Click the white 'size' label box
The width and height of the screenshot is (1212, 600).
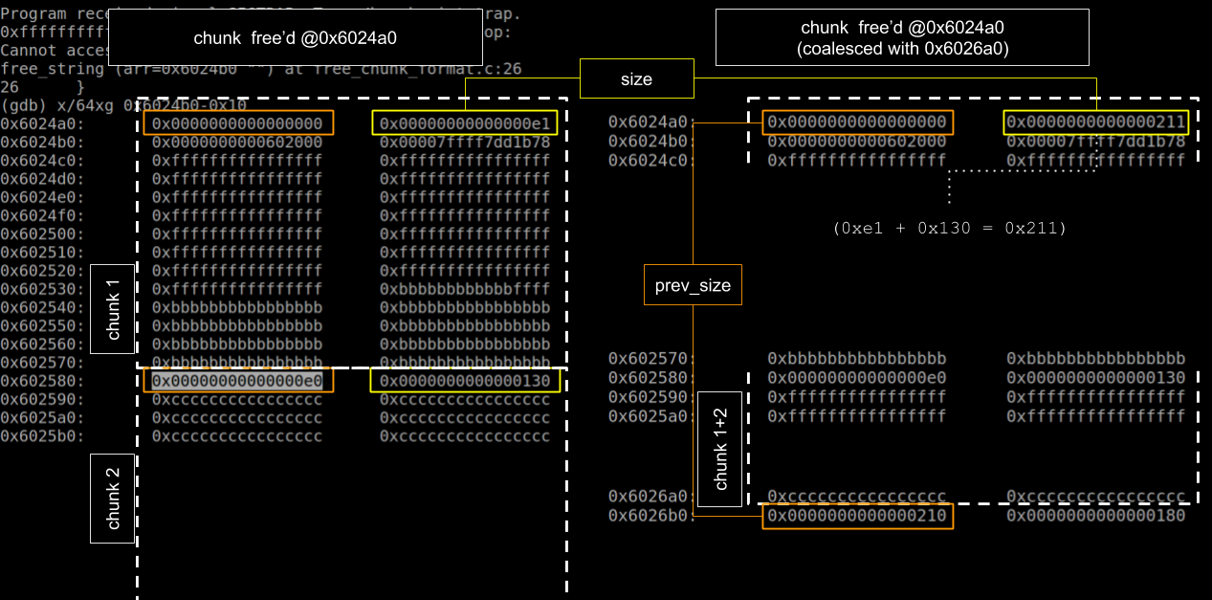[x=636, y=79]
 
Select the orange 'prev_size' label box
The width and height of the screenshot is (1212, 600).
[x=693, y=286]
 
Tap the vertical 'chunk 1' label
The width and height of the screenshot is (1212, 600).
[x=113, y=309]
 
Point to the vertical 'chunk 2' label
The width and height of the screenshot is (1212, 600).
[x=113, y=499]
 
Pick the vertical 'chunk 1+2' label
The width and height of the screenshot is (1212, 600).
[x=720, y=449]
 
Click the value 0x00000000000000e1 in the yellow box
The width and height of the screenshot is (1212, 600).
[x=464, y=123]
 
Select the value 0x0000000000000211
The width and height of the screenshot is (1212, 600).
[x=1095, y=122]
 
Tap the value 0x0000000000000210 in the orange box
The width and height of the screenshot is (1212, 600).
[x=857, y=516]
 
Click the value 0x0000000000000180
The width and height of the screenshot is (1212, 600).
[x=1095, y=516]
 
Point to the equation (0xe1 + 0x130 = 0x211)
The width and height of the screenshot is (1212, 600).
[x=950, y=228]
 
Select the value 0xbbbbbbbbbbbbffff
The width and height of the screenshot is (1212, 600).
[x=465, y=289]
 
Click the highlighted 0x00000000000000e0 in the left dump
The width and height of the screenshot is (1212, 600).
[x=237, y=381]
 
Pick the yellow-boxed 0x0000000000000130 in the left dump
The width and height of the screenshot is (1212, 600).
[x=464, y=381]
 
